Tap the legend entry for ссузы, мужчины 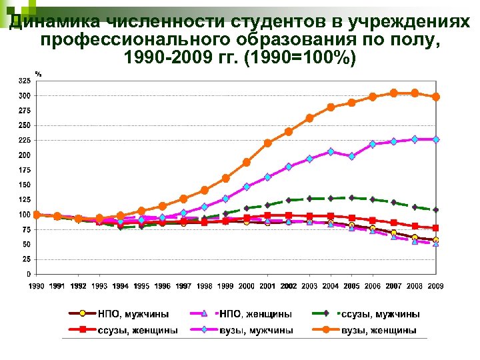pos(380,313)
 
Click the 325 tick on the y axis pos(24,81)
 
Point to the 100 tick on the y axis pos(24,215)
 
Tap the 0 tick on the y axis pos(27,274)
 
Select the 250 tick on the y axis pos(24,125)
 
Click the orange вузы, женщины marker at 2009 pos(436,97)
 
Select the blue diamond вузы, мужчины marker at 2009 pos(436,139)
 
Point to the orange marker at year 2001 pos(267,143)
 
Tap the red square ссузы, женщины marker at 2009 pos(436,228)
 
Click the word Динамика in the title pos(44,23)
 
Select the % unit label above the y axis pos(38,73)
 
